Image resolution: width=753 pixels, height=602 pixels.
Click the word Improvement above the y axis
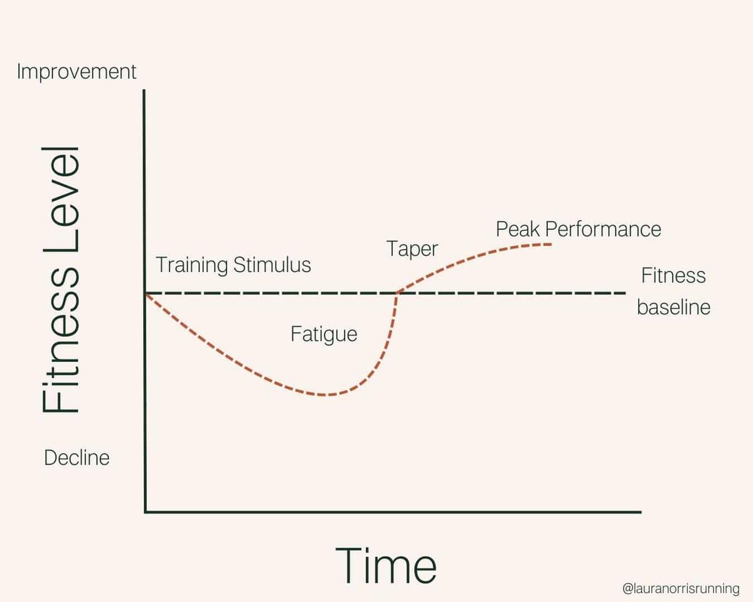click(x=77, y=71)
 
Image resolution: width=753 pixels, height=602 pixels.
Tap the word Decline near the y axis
click(x=77, y=458)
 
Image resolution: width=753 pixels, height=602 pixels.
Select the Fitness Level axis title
click(x=61, y=280)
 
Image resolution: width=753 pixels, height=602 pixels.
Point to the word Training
click(x=192, y=265)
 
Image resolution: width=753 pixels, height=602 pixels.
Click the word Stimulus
click(x=272, y=265)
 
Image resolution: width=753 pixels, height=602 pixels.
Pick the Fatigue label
click(x=324, y=334)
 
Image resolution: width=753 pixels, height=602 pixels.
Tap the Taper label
click(x=412, y=249)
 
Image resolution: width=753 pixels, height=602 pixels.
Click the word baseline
click(x=673, y=308)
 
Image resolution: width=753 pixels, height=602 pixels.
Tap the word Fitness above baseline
click(x=673, y=276)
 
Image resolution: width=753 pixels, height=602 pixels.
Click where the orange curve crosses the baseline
click(x=397, y=293)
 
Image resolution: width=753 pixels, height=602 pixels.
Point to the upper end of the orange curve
click(x=551, y=243)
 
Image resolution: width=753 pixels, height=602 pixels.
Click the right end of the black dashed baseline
click(x=625, y=293)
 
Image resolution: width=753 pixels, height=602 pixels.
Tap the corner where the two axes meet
click(x=145, y=512)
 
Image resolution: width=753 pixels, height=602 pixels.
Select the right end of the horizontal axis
click(x=640, y=512)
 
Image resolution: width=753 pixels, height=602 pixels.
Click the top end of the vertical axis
click(x=145, y=91)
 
